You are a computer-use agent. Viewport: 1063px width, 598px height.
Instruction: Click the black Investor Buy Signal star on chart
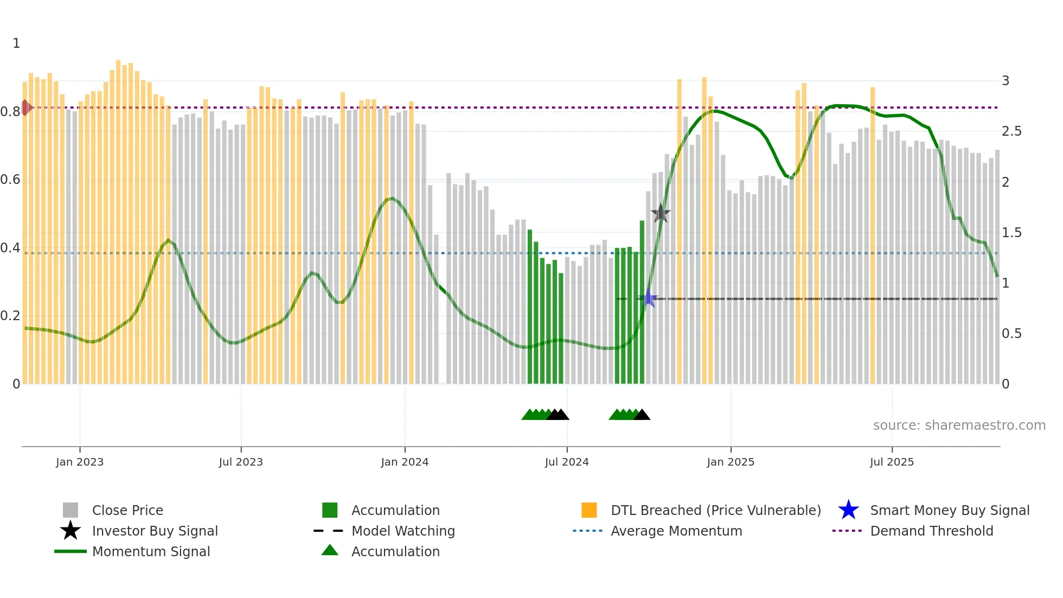pos(660,213)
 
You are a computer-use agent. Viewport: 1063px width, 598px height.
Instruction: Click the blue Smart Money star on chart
pos(648,298)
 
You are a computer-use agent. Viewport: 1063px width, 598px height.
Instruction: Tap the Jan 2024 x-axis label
pos(405,462)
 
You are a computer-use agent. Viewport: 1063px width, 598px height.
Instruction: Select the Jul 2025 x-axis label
pos(892,462)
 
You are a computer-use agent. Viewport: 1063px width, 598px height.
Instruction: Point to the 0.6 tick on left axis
pos(10,180)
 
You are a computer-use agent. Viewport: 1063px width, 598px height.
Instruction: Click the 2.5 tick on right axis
pos(1011,131)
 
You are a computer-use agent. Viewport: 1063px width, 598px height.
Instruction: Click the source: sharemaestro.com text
pos(959,425)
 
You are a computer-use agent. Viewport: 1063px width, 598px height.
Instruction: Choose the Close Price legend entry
pos(127,510)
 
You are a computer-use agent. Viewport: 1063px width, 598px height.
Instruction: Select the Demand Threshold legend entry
pos(931,531)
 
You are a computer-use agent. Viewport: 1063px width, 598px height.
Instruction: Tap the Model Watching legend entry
pos(403,531)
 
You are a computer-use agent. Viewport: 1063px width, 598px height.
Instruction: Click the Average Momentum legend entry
pos(676,531)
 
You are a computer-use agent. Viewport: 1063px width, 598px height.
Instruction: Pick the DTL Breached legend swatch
pos(589,510)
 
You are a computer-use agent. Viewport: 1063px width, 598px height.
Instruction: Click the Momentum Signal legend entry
pos(151,551)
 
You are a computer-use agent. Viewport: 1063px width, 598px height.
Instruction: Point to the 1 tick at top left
pos(16,43)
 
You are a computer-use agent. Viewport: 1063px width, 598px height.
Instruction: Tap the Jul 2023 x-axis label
pos(241,462)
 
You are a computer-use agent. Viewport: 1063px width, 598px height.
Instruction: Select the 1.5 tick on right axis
pos(1011,233)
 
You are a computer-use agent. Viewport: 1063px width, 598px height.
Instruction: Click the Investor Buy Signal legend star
pos(71,531)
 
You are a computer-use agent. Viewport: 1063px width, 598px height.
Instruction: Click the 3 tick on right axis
pos(1006,81)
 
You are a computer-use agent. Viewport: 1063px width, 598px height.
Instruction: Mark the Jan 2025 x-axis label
pos(731,462)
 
